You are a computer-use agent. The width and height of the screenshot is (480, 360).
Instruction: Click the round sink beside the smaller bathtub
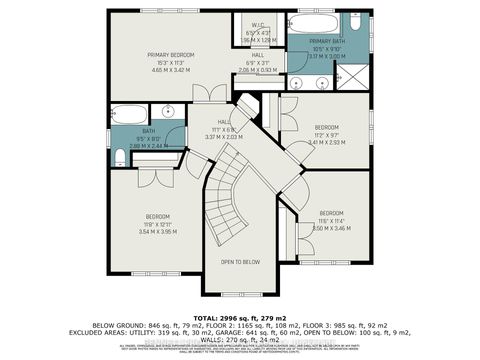166,112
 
